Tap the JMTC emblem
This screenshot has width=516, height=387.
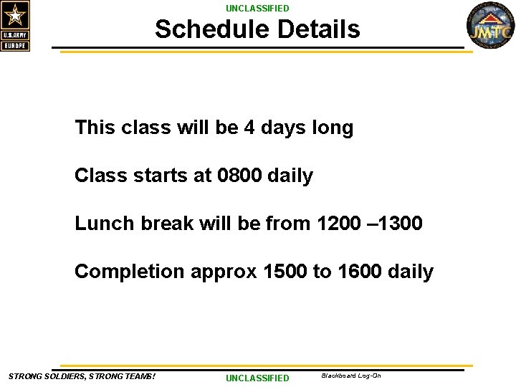490,27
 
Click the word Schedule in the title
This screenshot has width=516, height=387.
212,30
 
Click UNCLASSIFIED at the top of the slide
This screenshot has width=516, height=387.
257,9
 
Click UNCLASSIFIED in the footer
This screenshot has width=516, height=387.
257,378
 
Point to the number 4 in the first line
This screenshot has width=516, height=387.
249,128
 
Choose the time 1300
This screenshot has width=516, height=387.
398,224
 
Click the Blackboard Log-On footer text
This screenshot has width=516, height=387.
351,376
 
